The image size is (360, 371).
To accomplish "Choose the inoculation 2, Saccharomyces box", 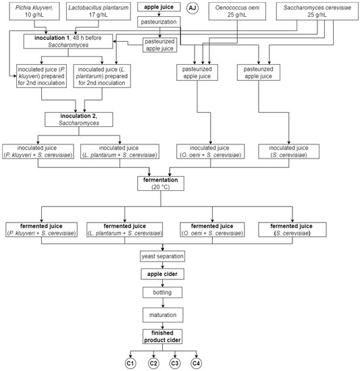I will coord(80,121).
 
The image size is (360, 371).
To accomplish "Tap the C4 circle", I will coord(197,363).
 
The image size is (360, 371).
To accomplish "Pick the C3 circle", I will coord(174,363).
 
